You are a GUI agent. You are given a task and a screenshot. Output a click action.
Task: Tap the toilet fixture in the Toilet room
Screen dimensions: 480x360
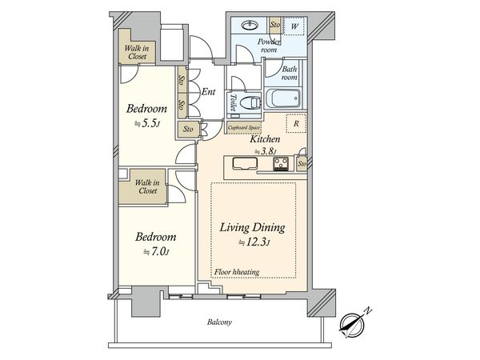(250, 103)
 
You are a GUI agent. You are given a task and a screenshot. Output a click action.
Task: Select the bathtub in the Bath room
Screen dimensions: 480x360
(283, 98)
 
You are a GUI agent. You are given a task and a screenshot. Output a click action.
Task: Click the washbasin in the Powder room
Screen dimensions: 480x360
(250, 25)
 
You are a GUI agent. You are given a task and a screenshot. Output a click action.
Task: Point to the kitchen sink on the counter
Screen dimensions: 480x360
(245, 163)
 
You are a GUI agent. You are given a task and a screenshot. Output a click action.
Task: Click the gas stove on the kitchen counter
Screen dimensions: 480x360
(281, 163)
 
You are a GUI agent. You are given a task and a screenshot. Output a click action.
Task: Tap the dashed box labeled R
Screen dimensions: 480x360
(296, 123)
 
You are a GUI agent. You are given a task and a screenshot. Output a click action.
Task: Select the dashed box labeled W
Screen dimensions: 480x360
(294, 26)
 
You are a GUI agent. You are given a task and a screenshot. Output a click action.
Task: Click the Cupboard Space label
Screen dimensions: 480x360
(244, 127)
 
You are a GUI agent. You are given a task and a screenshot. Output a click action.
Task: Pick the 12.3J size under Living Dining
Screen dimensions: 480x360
(254, 242)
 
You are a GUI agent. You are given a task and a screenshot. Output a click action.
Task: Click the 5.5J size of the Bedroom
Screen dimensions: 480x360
(147, 124)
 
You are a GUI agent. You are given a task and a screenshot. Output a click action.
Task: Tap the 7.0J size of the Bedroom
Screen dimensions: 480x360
(156, 252)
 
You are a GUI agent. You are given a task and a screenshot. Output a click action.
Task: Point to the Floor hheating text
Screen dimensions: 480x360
(237, 272)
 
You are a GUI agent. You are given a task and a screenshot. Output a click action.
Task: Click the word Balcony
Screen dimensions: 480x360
(219, 322)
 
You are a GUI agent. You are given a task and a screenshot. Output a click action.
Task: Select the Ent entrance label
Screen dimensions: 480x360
(209, 91)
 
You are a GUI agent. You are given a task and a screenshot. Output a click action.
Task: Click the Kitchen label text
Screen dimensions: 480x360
(265, 139)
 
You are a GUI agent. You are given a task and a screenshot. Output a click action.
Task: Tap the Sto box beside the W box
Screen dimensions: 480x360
(274, 25)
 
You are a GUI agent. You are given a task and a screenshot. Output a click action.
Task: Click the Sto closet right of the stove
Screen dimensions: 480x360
(302, 164)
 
